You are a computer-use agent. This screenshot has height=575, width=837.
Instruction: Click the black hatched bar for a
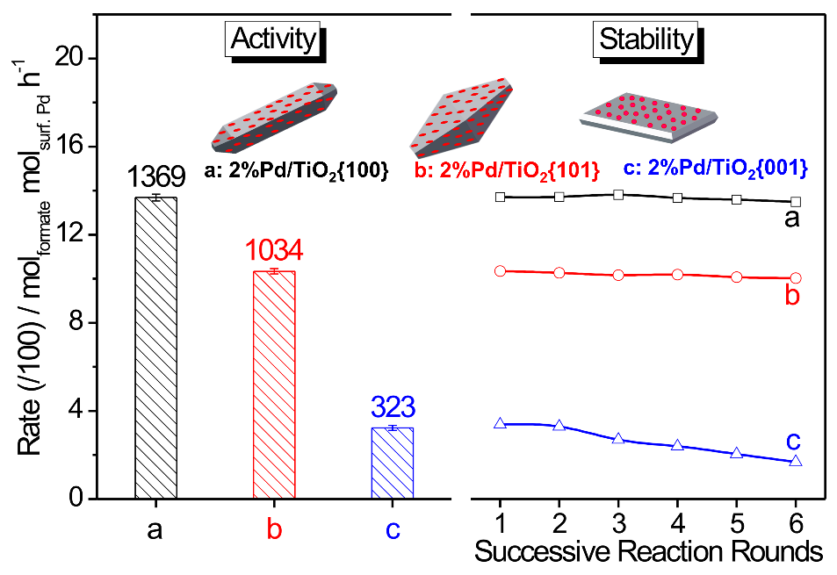[155, 349]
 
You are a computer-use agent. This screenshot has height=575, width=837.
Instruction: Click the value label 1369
[155, 178]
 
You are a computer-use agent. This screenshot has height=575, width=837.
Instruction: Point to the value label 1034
[274, 252]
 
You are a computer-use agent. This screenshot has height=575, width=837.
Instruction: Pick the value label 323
[393, 407]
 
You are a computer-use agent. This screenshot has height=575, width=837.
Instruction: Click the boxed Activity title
[272, 39]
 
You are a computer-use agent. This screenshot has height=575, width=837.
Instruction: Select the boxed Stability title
[646, 39]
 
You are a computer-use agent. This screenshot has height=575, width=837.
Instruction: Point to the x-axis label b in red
[274, 529]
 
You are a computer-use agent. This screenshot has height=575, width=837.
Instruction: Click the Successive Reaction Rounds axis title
[649, 552]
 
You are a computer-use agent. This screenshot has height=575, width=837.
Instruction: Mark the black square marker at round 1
[501, 196]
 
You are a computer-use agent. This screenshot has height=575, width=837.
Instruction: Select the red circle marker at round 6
[796, 278]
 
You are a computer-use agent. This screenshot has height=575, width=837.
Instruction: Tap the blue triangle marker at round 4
[677, 445]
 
